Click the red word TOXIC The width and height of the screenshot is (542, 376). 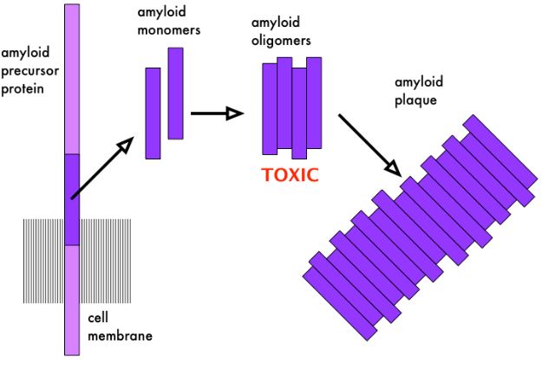(290, 174)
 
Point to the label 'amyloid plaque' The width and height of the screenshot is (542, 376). (418, 92)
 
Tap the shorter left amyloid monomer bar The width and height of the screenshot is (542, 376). (153, 113)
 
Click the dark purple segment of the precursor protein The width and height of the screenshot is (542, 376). (72, 199)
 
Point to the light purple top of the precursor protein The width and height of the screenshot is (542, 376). (72, 78)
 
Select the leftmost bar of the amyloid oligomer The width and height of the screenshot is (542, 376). (270, 108)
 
